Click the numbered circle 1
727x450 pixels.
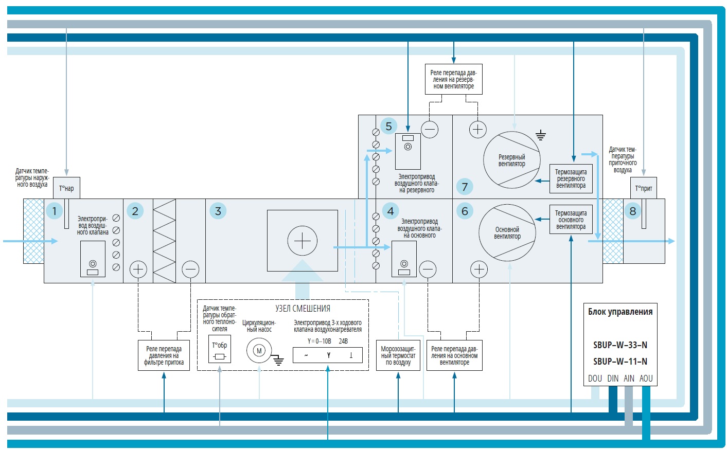[54, 211]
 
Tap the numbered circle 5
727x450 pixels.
[389, 126]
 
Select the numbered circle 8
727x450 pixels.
[633, 211]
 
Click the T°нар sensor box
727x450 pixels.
[66, 188]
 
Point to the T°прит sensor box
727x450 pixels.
[644, 188]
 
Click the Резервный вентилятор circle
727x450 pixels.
[512, 160]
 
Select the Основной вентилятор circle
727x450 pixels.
[507, 233]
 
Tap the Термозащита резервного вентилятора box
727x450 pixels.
[571, 178]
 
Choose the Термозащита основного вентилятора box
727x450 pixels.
[571, 220]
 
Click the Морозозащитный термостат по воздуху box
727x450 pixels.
[398, 355]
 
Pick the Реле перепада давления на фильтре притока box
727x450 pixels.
[164, 355]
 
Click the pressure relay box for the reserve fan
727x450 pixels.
[453, 79]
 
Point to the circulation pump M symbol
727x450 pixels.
[259, 351]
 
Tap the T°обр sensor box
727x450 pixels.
[220, 350]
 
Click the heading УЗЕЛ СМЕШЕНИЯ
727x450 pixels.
[303, 309]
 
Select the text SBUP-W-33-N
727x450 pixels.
[620, 345]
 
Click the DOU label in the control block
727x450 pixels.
[595, 379]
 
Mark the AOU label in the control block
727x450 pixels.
[646, 379]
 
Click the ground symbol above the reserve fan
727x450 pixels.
[540, 136]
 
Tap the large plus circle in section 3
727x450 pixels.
[303, 241]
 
